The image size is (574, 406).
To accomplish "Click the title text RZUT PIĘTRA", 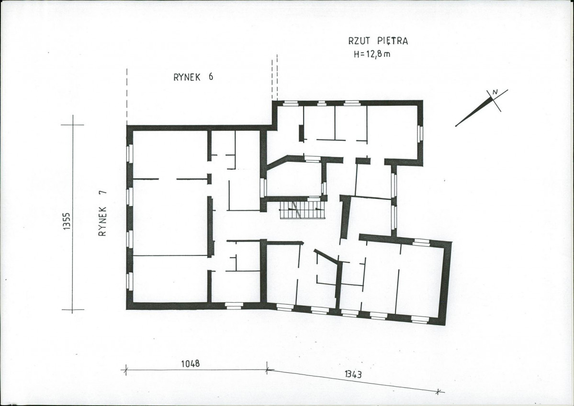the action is click(x=378, y=41).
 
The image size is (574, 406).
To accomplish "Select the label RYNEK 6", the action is click(x=193, y=77).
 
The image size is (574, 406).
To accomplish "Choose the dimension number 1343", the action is click(x=354, y=374).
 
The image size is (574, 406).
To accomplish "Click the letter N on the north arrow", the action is click(x=495, y=93).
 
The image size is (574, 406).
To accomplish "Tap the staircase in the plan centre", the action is click(x=303, y=210).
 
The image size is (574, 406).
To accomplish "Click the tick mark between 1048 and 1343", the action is click(x=267, y=369).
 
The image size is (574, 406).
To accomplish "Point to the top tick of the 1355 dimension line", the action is click(x=72, y=125).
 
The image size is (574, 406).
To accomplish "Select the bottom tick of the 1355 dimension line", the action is click(x=72, y=310).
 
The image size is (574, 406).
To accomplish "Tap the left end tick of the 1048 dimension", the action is click(x=125, y=370).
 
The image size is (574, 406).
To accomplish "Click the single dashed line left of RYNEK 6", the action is click(x=127, y=97).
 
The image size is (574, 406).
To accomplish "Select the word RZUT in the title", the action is click(x=359, y=41).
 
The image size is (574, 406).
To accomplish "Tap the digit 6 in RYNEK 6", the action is click(x=211, y=77).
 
